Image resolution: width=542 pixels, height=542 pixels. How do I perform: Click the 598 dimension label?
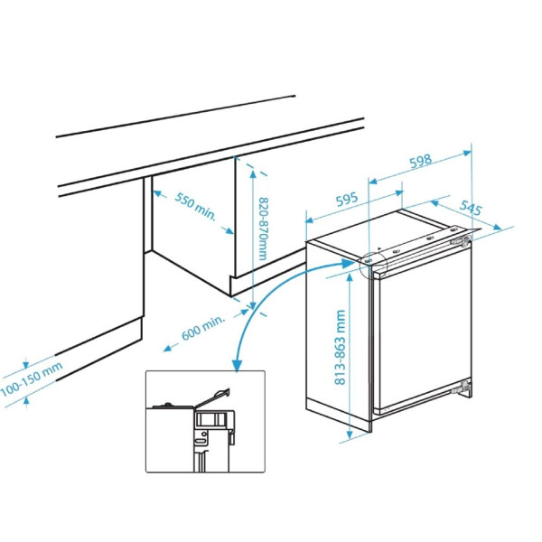(x=421, y=161)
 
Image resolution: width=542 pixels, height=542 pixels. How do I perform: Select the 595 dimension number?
(x=347, y=200)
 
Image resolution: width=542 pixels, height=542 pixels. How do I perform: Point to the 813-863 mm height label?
(x=341, y=348)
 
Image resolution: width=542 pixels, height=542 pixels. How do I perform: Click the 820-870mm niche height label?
(x=264, y=229)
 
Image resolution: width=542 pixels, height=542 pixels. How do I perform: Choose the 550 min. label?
(x=195, y=206)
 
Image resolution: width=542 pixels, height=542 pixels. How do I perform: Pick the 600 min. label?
(x=203, y=328)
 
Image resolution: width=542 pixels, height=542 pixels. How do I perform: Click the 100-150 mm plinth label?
(x=32, y=379)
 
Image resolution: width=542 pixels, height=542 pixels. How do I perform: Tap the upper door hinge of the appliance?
(x=461, y=239)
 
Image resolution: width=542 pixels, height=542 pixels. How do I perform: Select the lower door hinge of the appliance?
(x=462, y=388)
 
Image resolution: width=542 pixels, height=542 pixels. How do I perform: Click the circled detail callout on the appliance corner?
(x=373, y=265)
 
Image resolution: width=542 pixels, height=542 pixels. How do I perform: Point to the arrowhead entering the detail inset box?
(x=238, y=365)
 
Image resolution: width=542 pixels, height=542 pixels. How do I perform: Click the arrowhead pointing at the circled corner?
(x=348, y=264)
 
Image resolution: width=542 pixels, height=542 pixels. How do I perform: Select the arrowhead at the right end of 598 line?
(x=467, y=153)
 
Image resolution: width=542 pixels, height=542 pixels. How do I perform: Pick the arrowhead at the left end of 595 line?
(x=310, y=220)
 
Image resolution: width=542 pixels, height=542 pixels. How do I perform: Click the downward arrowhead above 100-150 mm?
(x=26, y=365)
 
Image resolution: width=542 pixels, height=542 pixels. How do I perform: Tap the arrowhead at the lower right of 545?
(x=497, y=227)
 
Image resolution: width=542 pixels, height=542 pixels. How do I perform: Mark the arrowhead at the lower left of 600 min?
(x=167, y=349)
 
